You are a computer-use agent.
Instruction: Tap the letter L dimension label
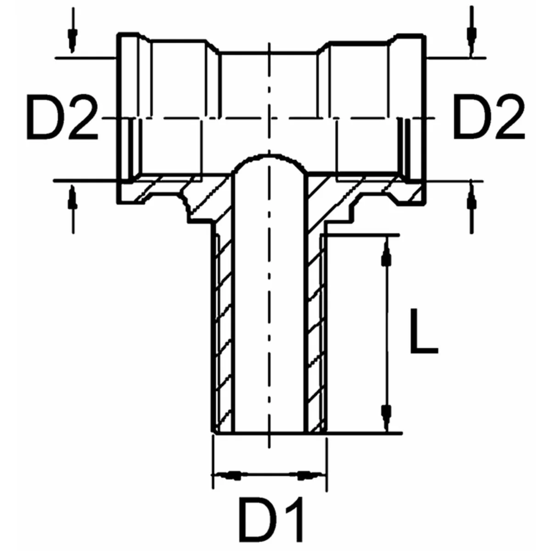coord(423,331)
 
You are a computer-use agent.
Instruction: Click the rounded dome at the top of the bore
coord(270,161)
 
